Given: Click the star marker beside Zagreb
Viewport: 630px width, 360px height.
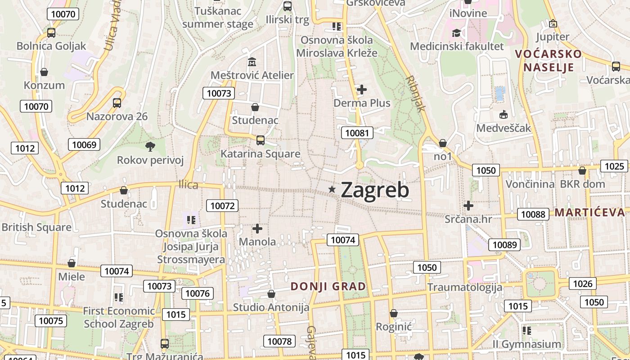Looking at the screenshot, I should point(332,189).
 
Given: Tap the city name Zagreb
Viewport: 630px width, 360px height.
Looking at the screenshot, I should point(375,190).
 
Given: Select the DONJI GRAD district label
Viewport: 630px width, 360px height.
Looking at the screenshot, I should point(328,286).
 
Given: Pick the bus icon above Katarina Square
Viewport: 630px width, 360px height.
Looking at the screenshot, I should point(260,140).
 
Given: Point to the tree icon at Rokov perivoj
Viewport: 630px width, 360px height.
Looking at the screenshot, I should point(150,146).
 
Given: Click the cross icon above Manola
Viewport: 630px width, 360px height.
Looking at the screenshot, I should point(257,229).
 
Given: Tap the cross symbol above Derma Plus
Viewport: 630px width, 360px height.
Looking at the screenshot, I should point(362,90).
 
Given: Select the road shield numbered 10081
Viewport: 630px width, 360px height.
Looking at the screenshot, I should point(357,133).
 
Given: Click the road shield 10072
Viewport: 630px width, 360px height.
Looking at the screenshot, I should point(222,206).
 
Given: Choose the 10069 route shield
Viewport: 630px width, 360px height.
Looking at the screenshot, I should point(84,144).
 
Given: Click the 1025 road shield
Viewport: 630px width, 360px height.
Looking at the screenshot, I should point(614,166).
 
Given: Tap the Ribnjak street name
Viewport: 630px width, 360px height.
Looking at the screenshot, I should point(415,93).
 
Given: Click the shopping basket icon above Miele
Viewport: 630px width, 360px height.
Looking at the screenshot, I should point(71,263).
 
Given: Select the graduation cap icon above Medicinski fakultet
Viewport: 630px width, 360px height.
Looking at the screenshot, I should point(456,32).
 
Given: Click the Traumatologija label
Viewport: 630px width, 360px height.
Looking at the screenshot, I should point(464,287).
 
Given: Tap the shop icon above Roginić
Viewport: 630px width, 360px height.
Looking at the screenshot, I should point(394,313).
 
